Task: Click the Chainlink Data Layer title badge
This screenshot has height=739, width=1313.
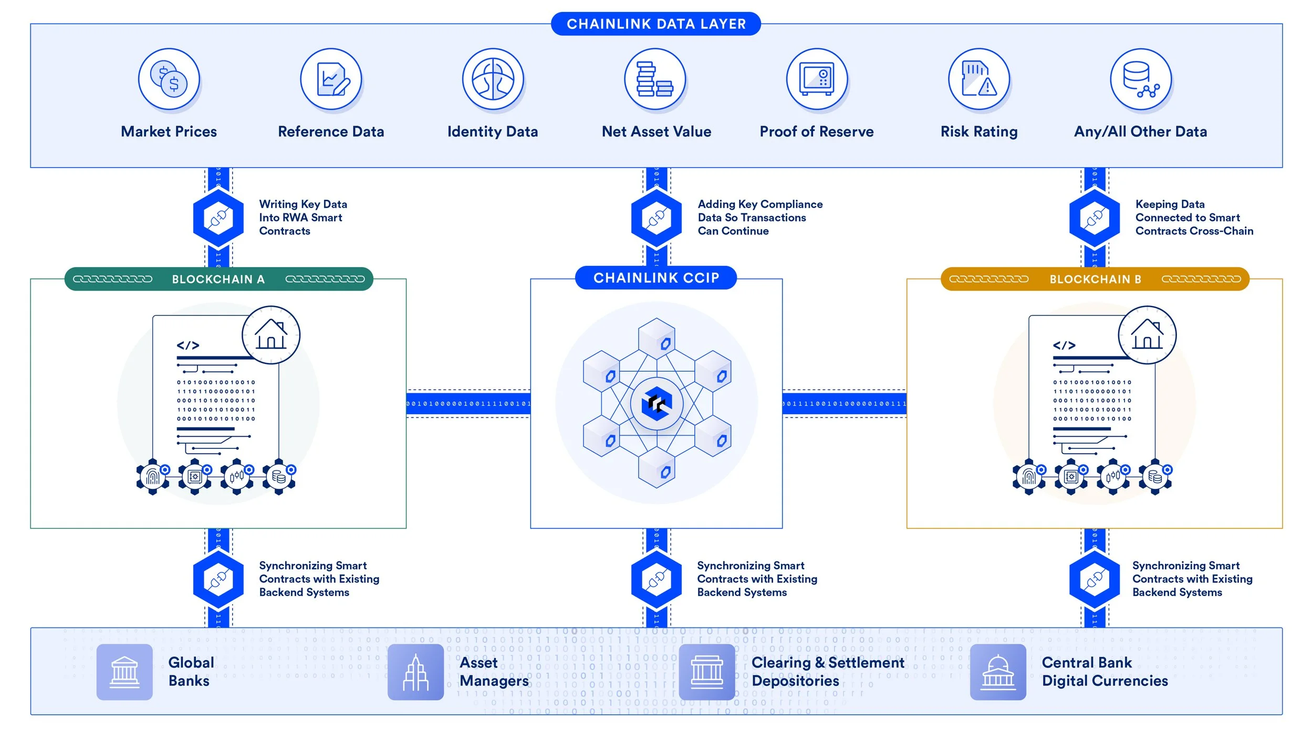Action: [x=655, y=24]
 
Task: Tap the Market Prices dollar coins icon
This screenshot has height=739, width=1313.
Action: [x=169, y=79]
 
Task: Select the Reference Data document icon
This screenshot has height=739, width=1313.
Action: [x=331, y=79]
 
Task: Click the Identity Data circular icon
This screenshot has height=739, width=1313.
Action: [x=493, y=79]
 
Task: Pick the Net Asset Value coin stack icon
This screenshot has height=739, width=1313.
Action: [x=655, y=79]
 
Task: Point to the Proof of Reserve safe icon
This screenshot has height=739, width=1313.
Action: [x=817, y=79]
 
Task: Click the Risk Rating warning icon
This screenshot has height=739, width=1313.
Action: [x=979, y=79]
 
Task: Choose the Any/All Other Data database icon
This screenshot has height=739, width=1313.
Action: [x=1141, y=79]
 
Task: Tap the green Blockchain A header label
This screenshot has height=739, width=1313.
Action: [x=218, y=279]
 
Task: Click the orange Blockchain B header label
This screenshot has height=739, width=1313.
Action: [x=1095, y=279]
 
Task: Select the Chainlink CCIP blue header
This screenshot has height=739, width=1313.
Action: [x=656, y=278]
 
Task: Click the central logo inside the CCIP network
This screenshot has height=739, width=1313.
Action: [x=656, y=404]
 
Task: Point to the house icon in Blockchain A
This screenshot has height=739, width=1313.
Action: [x=271, y=335]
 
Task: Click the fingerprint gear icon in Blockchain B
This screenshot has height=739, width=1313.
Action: [x=1029, y=477]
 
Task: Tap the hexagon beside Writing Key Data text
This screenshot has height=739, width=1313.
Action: [x=218, y=218]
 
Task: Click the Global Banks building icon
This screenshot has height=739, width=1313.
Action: [x=124, y=672]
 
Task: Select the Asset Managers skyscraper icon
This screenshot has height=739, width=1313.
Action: [x=415, y=672]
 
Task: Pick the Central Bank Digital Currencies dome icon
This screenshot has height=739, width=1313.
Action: [x=998, y=672]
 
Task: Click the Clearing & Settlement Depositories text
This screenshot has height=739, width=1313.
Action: [x=827, y=671]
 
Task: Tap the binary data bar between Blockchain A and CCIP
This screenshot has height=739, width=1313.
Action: [x=468, y=404]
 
